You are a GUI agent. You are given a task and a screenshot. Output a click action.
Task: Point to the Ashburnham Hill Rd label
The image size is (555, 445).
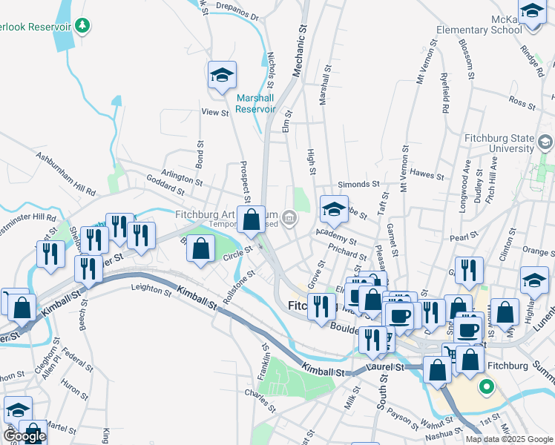[x=65, y=175]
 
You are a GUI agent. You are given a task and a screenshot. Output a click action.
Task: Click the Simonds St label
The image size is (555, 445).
[x=358, y=184]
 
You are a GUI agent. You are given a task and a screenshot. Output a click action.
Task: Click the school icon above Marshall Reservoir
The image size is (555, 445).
[x=222, y=76]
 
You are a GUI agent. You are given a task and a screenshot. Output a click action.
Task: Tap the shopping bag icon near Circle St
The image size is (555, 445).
[x=200, y=249]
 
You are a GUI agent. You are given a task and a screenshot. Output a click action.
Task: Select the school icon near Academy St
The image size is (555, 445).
[x=334, y=210]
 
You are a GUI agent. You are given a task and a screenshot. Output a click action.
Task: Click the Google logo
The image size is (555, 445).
[x=24, y=436]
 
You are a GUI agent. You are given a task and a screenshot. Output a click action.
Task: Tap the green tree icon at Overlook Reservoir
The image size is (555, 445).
[x=82, y=27]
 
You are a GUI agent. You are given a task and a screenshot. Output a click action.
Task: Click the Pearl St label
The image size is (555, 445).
[x=464, y=237]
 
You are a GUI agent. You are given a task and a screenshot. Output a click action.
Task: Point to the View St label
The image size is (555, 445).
[x=214, y=113]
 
